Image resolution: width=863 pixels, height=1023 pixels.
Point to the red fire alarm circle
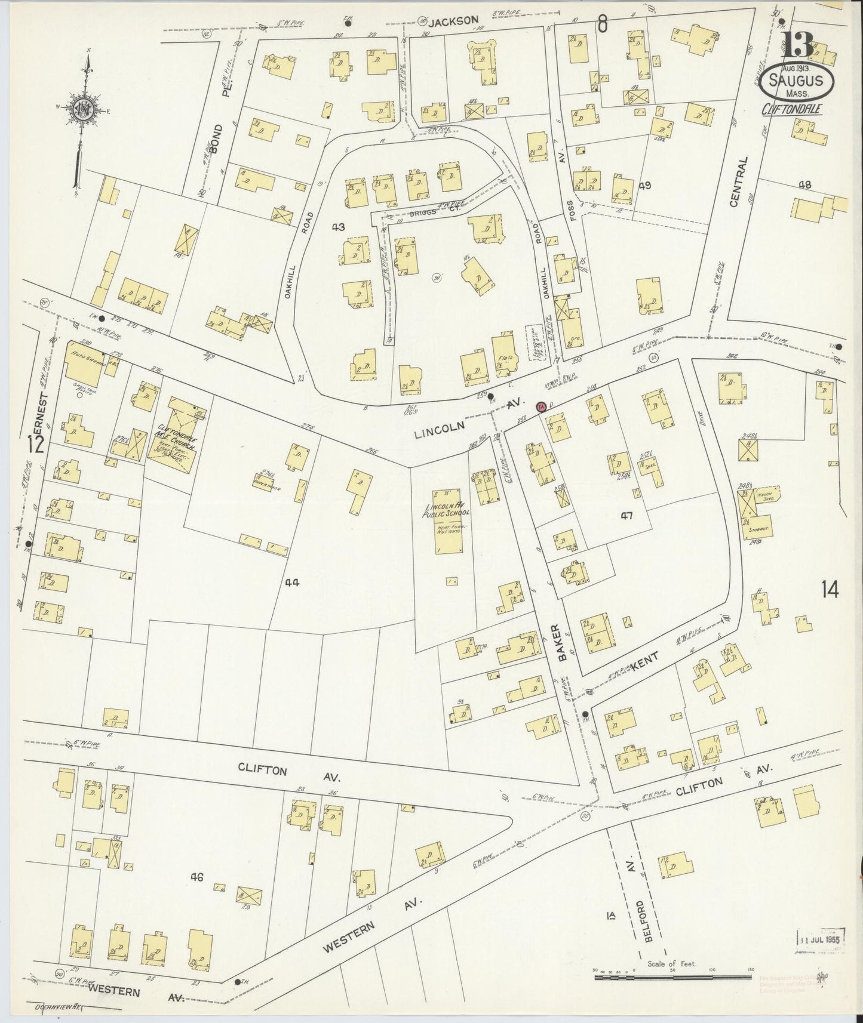pos(541,407)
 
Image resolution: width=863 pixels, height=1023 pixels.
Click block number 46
pos(197,877)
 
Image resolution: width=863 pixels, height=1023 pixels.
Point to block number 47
pos(625,515)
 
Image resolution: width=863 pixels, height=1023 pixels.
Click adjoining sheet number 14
pos(830,590)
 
